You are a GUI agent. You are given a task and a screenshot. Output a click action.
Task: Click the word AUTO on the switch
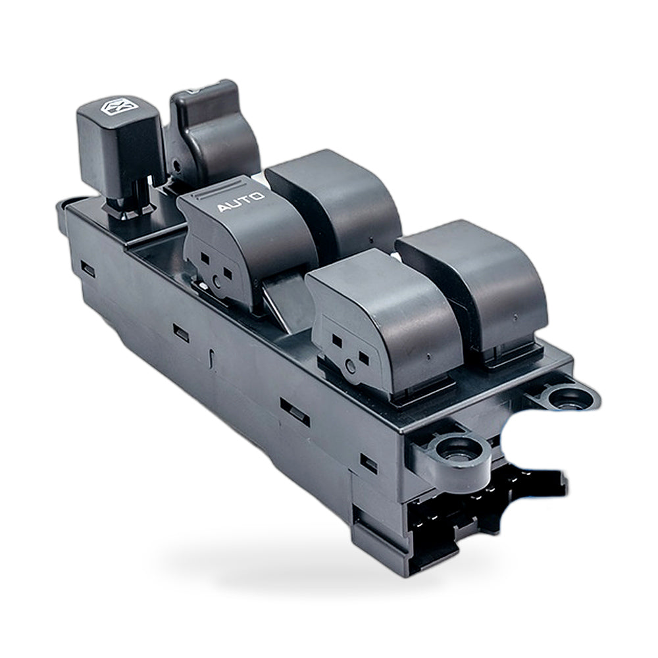coord(240,202)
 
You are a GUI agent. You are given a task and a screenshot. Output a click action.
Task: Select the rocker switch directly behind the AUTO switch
coord(334,201)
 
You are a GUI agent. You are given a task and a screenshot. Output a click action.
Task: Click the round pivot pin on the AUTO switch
coord(216,281)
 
